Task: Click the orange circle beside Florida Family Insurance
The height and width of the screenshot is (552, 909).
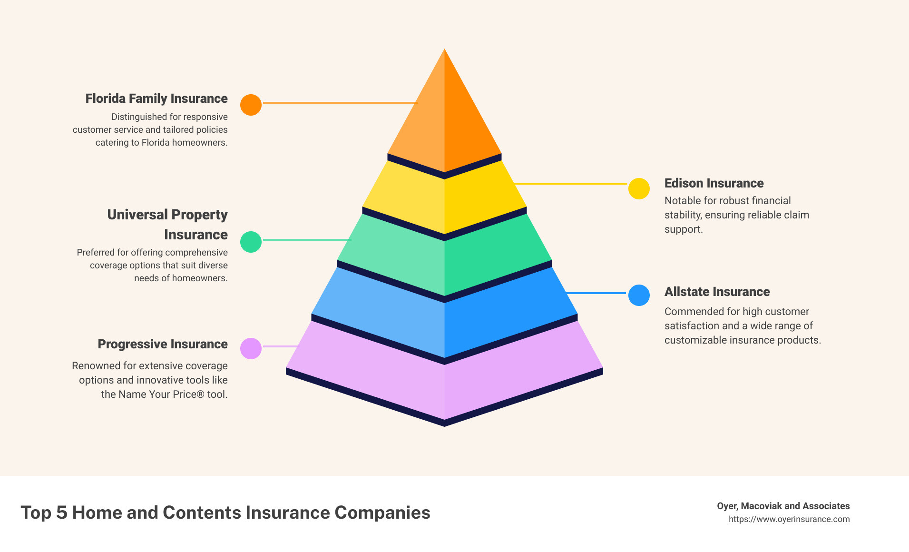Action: point(251,105)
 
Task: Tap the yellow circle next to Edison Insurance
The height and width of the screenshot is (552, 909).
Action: point(639,189)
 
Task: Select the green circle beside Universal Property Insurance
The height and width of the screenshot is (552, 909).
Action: point(251,242)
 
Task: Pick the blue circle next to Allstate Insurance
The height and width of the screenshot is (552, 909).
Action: point(639,295)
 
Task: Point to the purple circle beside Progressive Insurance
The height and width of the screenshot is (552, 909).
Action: point(251,348)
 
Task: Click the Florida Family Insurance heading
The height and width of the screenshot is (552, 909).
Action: point(156,99)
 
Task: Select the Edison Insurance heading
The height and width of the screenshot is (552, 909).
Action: point(714,183)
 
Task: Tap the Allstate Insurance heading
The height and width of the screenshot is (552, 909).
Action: point(717,292)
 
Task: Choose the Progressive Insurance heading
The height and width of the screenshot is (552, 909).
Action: point(163,344)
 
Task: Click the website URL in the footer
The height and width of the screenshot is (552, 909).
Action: point(789,519)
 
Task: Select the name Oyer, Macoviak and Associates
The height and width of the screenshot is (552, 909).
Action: point(783,506)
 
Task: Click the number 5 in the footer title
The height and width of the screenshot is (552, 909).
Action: point(61,513)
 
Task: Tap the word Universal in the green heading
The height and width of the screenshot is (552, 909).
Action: point(137,215)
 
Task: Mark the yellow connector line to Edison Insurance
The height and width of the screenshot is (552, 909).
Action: point(571,183)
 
